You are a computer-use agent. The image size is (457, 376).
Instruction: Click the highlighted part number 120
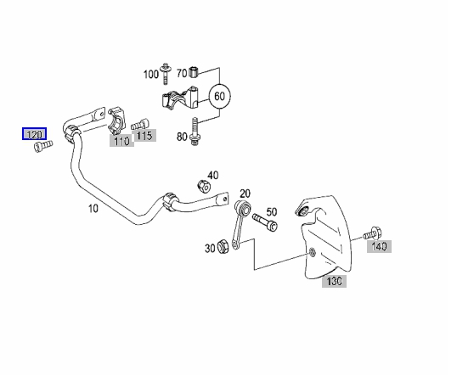click(34, 134)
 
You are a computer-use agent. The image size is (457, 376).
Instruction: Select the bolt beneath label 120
click(43, 146)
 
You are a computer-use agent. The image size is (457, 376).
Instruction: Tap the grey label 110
click(121, 141)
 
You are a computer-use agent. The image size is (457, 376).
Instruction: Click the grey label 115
click(144, 136)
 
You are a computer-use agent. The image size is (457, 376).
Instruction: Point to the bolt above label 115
click(140, 124)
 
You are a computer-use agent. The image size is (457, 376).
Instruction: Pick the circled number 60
click(219, 96)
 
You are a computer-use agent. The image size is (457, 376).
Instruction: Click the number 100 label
click(150, 75)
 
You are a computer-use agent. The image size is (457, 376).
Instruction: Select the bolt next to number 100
click(166, 73)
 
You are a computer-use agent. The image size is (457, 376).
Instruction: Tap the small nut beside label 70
click(194, 72)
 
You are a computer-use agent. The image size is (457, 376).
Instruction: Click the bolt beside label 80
click(195, 132)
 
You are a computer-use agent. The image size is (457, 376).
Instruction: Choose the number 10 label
click(93, 209)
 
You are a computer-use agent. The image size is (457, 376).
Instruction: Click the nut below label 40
click(204, 187)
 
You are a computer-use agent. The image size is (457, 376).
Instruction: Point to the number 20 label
click(245, 194)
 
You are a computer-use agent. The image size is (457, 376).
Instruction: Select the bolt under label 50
click(265, 222)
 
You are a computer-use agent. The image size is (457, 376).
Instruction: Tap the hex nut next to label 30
click(223, 246)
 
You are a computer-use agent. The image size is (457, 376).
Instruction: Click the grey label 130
click(334, 281)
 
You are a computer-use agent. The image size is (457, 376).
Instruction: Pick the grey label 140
click(379, 247)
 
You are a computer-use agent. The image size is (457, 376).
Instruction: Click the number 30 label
click(210, 249)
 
